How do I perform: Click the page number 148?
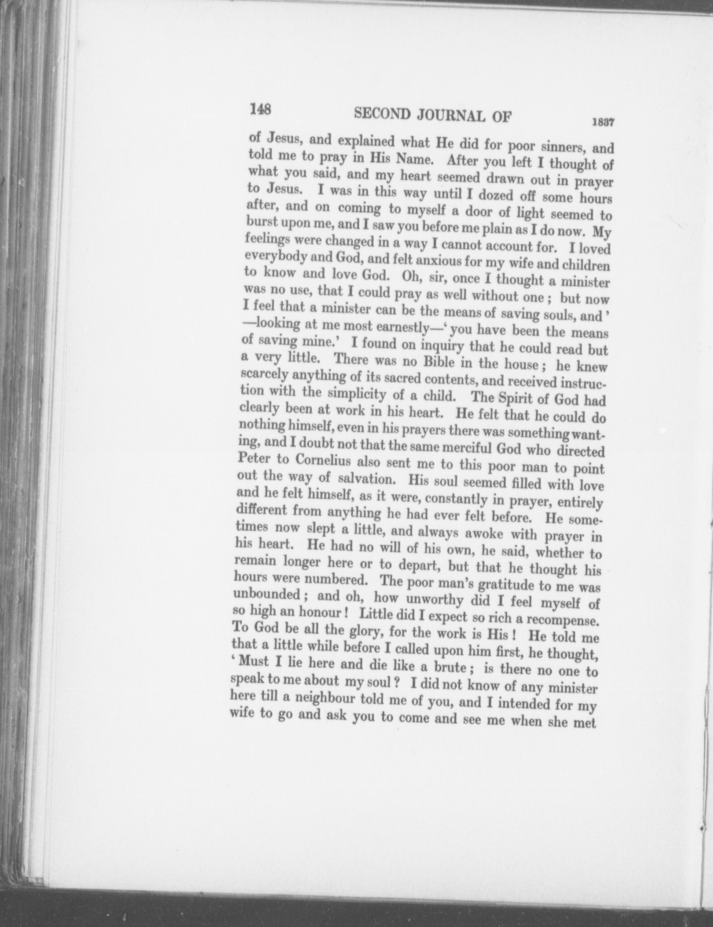[260, 109]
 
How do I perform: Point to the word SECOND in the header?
[382, 114]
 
